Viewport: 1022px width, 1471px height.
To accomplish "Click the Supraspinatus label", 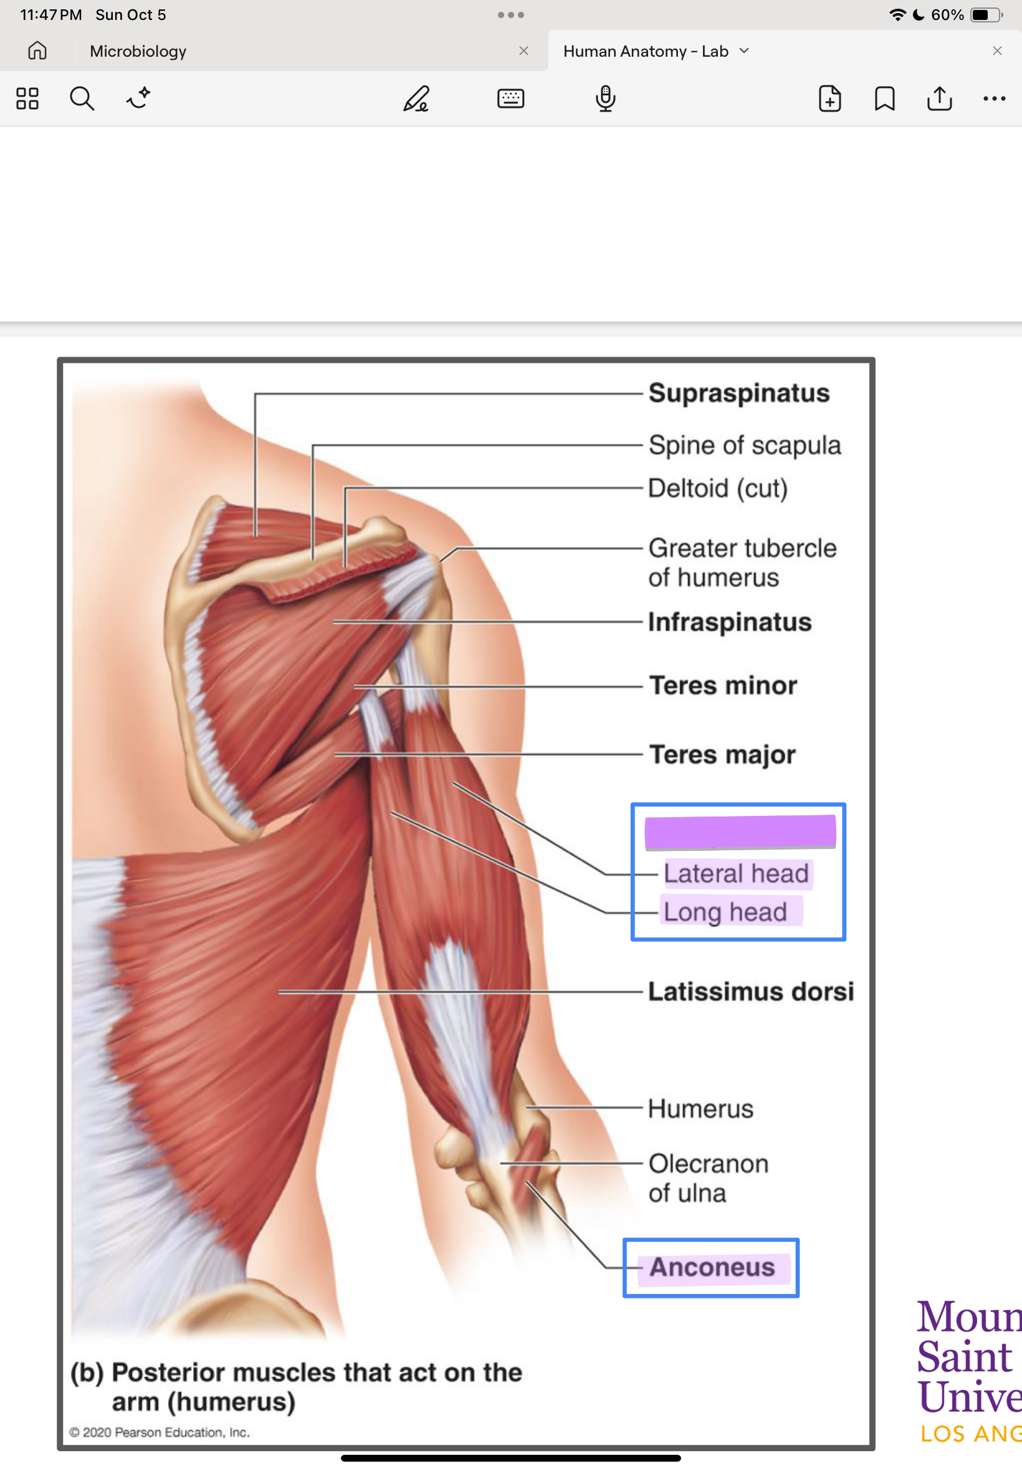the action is click(738, 393).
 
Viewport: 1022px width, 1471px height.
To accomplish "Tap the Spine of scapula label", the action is click(744, 445).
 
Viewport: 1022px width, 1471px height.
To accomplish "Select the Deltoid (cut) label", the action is click(717, 488).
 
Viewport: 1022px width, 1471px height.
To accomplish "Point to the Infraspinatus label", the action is click(729, 622).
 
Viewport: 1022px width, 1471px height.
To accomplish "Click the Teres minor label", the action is click(723, 685).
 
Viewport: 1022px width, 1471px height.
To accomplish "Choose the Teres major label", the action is click(722, 754).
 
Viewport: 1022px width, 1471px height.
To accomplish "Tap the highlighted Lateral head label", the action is click(736, 873).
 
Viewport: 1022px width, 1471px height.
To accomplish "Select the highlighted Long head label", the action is click(725, 912).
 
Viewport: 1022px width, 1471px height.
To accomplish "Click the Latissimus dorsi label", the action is click(750, 991).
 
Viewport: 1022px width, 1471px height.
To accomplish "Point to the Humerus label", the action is click(700, 1108).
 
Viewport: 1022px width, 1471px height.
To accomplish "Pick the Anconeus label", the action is click(712, 1267).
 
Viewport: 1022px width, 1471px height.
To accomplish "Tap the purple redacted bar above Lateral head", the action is click(740, 832).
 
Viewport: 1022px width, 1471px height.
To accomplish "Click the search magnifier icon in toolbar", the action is click(82, 98).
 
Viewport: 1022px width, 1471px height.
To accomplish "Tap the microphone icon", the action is click(605, 98).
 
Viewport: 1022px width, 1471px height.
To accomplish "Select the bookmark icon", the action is click(884, 98).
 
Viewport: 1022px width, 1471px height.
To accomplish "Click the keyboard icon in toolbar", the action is click(510, 98).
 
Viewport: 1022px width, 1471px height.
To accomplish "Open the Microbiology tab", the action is click(138, 51).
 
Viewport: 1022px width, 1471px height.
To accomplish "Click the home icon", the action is click(37, 50).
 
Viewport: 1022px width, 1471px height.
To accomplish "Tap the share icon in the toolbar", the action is click(939, 98).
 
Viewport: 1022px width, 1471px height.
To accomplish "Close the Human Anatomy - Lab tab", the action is click(997, 50).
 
